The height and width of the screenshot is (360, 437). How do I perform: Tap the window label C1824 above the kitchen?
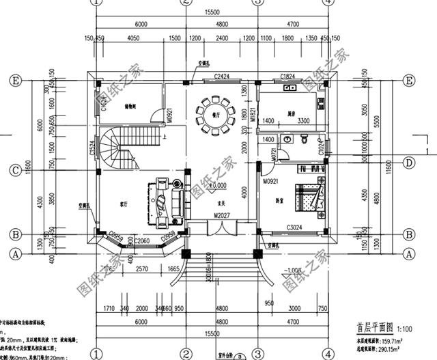287,76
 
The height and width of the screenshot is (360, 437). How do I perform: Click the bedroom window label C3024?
295,227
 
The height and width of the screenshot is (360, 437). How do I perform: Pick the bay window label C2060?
142,241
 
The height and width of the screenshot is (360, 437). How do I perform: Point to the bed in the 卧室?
311,197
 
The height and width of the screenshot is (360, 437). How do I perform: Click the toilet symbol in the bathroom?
290,140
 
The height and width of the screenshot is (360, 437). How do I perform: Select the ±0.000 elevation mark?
217,185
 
